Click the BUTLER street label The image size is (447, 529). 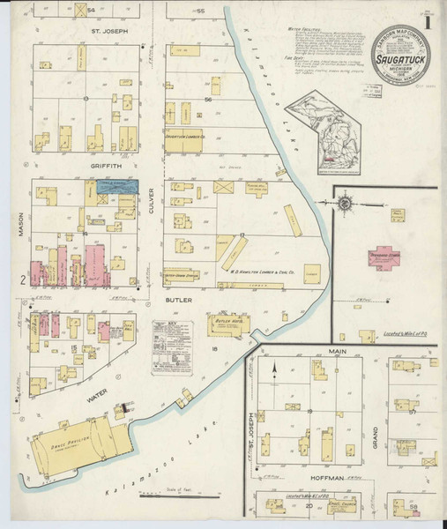tap(179, 300)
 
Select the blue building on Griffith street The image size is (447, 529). tap(118, 187)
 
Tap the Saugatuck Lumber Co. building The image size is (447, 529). tap(185, 138)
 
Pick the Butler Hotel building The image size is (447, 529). tap(227, 324)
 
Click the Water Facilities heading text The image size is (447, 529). tap(304, 28)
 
